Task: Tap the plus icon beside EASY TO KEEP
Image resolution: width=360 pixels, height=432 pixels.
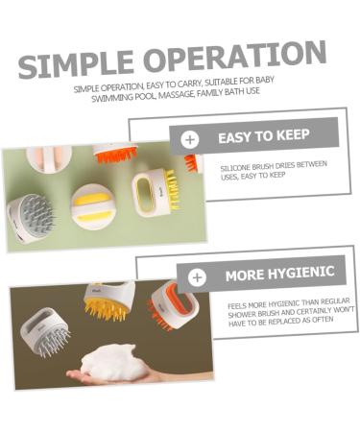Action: click(x=189, y=138)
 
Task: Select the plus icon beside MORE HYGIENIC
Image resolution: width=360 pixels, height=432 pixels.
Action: click(x=198, y=277)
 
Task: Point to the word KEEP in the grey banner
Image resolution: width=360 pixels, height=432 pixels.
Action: click(x=304, y=136)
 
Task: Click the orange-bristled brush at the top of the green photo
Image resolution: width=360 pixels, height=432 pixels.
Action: click(x=115, y=154)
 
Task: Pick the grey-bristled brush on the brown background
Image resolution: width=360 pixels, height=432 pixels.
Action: click(x=45, y=332)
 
